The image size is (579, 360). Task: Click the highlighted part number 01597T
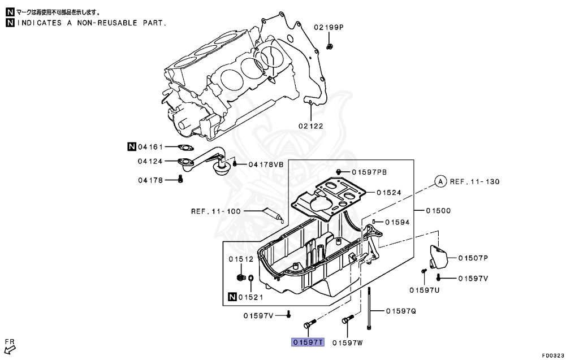pos(308,342)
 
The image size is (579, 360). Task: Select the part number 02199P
pos(329,27)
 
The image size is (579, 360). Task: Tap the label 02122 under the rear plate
pos(311,126)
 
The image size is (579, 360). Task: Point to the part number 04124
pos(150,161)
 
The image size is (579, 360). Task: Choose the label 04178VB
pos(265,164)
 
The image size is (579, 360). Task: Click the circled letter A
pos(440,181)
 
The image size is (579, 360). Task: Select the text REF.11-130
pos(474,181)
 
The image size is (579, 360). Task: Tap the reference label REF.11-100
pos(216,211)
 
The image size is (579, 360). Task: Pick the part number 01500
pos(438,211)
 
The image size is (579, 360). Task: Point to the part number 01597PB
pos(369,172)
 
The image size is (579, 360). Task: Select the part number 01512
pos(241,259)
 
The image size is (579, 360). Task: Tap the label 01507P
pos(473,258)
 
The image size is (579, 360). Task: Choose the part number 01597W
pos(347,342)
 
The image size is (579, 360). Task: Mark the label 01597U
pos(425,290)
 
